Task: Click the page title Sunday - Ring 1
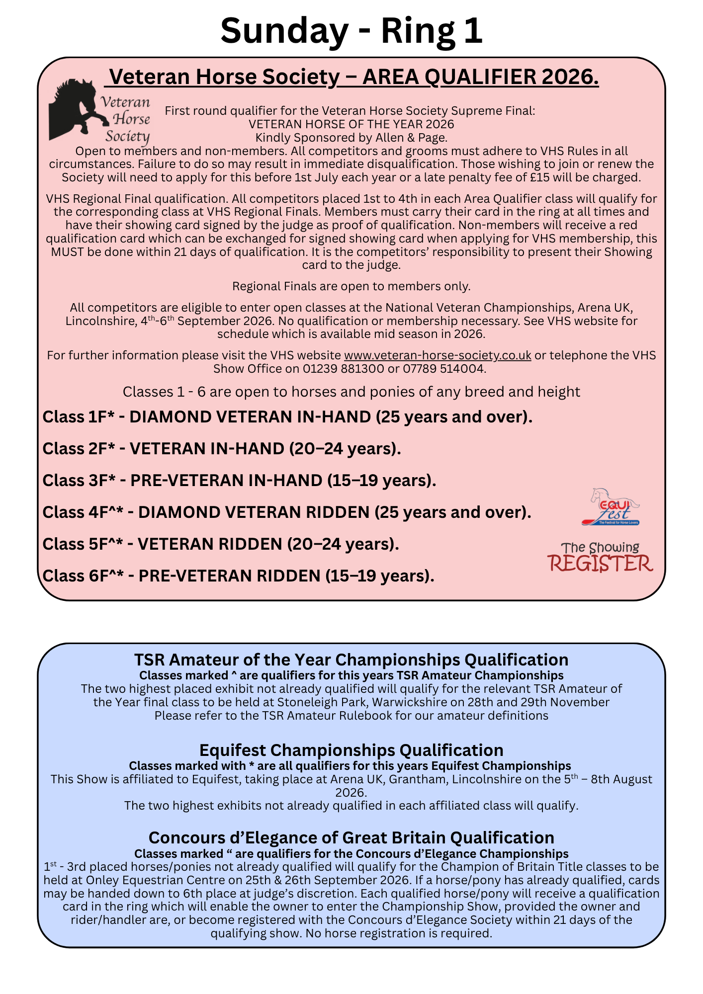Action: pyautogui.click(x=351, y=31)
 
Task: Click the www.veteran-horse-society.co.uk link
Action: pyautogui.click(x=438, y=355)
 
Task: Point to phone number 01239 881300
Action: pyautogui.click(x=344, y=369)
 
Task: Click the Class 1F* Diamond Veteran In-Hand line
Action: pyautogui.click(x=287, y=417)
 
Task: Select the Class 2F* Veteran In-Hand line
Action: pyautogui.click(x=222, y=449)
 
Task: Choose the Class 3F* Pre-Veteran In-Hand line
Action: pyautogui.click(x=239, y=481)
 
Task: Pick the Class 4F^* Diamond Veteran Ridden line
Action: pyautogui.click(x=287, y=512)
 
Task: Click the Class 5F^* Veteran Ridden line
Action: pyautogui.click(x=221, y=544)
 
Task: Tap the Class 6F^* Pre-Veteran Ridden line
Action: pyautogui.click(x=239, y=576)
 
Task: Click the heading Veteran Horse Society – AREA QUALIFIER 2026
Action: pyautogui.click(x=353, y=77)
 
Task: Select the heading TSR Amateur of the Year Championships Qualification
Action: pyautogui.click(x=351, y=660)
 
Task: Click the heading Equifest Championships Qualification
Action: pyautogui.click(x=351, y=750)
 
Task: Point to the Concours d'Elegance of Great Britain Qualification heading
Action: pyautogui.click(x=351, y=837)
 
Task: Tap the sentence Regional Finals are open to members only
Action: pyautogui.click(x=351, y=286)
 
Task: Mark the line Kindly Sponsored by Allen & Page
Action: pyautogui.click(x=351, y=138)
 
